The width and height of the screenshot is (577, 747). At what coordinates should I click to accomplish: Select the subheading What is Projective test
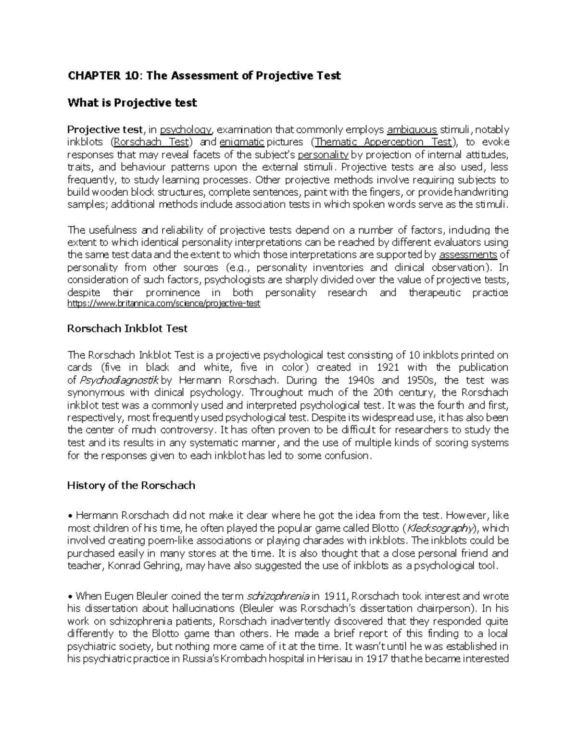132,102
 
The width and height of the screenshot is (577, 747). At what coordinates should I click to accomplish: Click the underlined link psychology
186,129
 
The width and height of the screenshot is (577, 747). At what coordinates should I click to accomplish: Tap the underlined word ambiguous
412,129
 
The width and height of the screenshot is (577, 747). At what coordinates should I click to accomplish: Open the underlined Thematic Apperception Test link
383,142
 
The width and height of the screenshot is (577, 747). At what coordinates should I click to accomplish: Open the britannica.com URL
163,304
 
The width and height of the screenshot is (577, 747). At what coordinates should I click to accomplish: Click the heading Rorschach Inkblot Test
127,329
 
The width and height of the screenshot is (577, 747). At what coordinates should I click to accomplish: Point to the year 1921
388,367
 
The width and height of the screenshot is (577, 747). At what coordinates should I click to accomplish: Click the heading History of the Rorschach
131,485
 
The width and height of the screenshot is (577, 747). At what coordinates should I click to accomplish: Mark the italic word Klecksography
439,528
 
